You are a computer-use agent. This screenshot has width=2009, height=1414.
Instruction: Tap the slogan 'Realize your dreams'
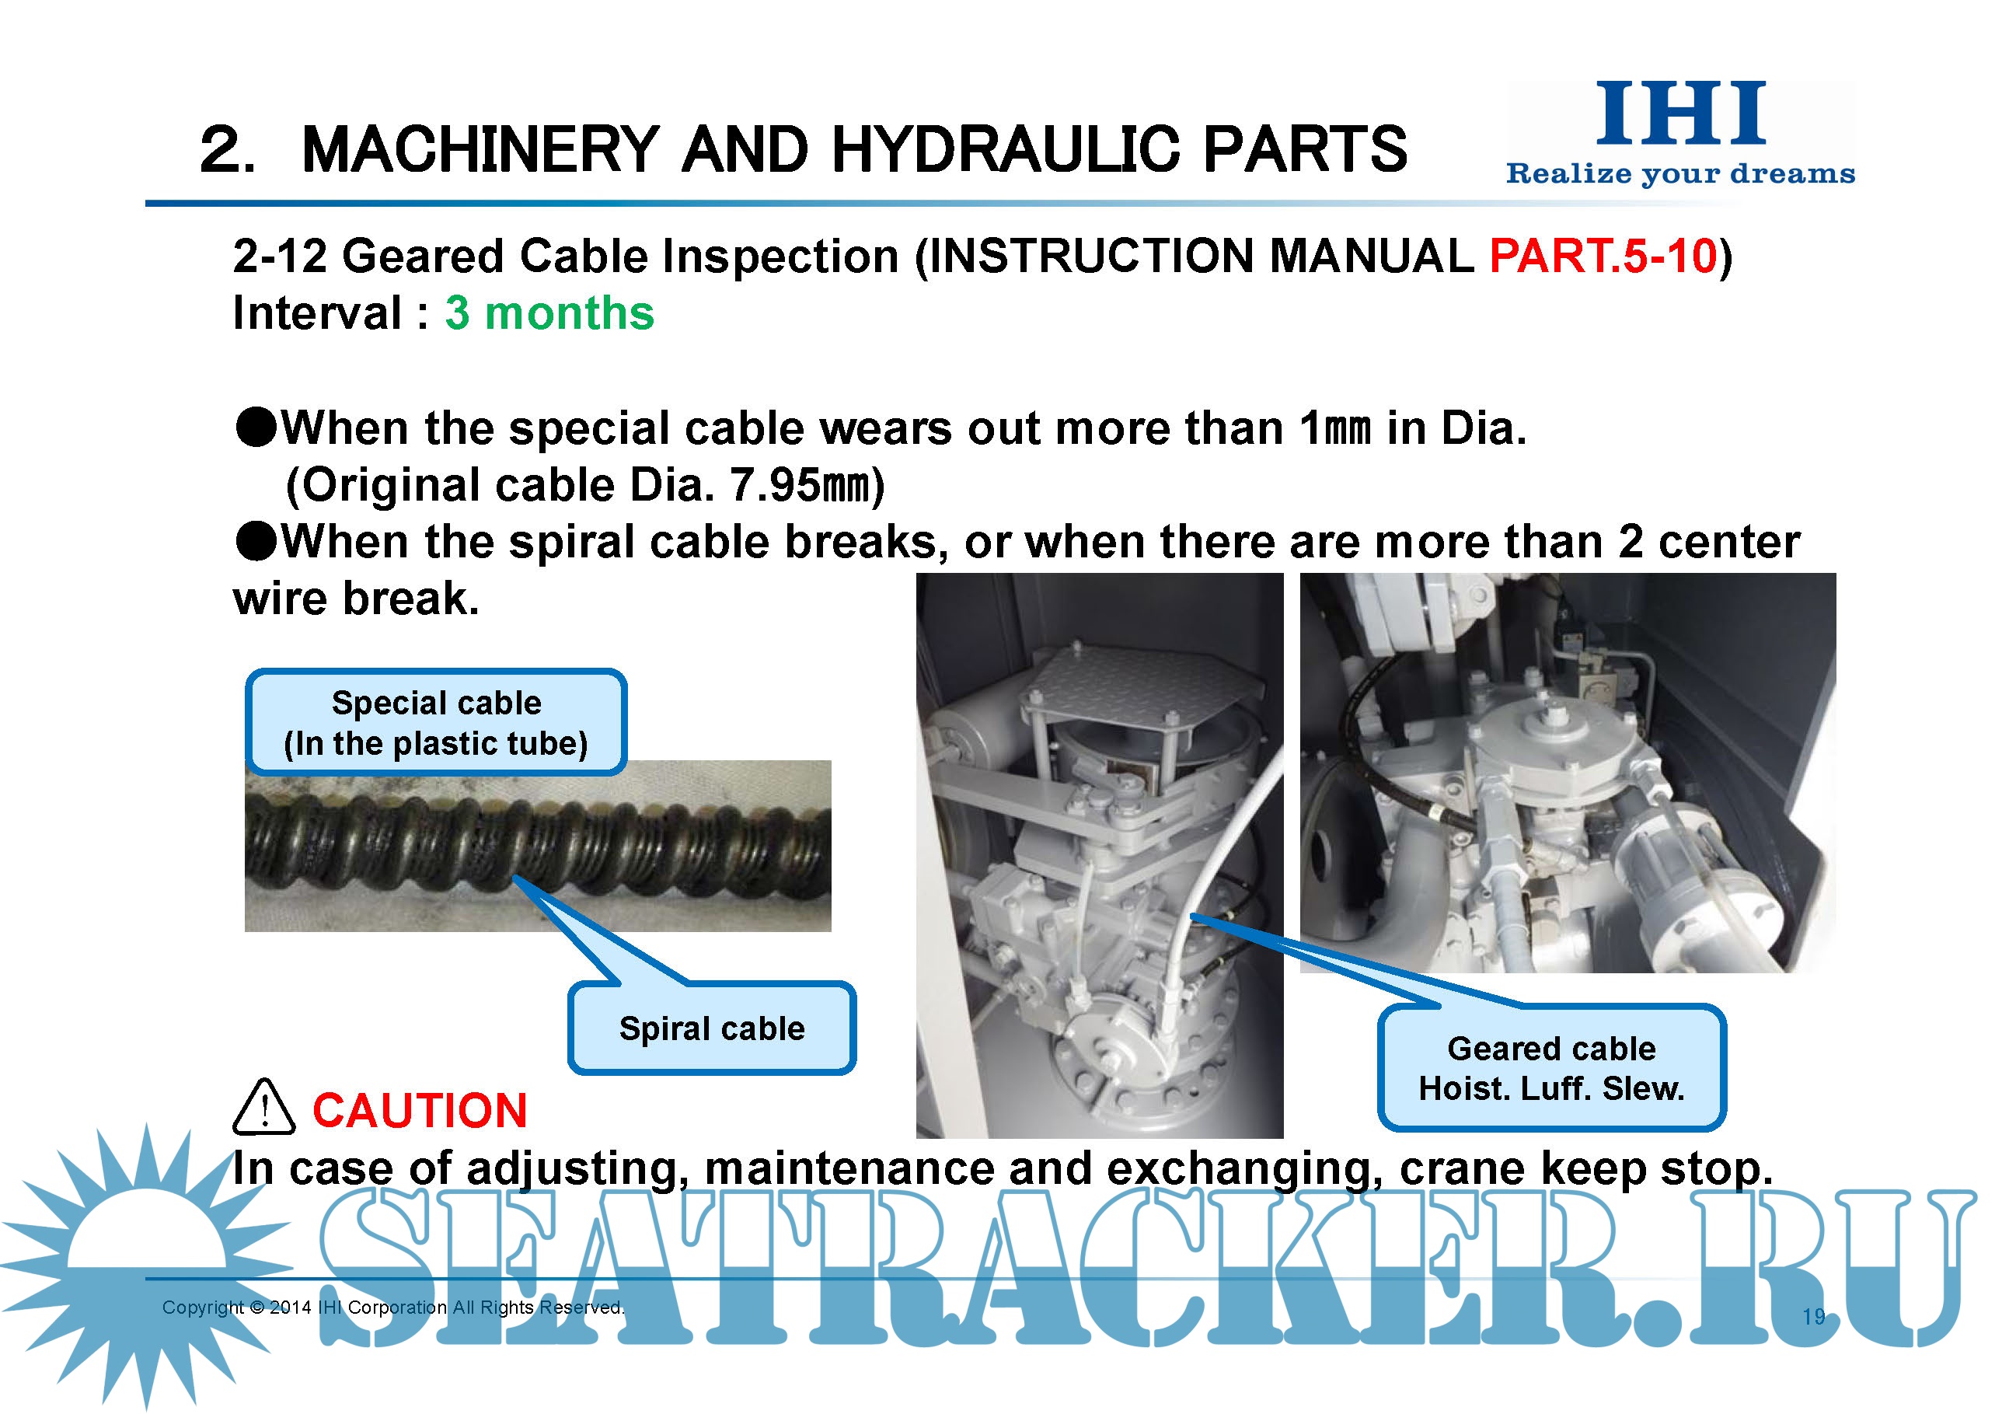point(1680,173)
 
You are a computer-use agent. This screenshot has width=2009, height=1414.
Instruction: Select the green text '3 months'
point(549,313)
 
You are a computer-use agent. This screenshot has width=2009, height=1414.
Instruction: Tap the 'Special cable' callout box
point(436,723)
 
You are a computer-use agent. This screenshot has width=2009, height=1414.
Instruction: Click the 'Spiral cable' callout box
point(711,1028)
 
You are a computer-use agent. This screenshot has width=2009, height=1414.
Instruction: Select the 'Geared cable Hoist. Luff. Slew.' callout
point(1551,1067)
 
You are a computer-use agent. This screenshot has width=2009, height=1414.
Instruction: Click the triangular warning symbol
point(263,1107)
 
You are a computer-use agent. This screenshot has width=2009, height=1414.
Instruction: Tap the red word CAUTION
point(420,1110)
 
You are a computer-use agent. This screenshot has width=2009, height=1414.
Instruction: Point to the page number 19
point(1814,1317)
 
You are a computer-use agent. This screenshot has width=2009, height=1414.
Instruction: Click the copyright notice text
point(393,1308)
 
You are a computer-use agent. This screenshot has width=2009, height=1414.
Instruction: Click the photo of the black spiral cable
point(537,845)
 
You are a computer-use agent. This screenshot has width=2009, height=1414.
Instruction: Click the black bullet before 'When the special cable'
point(256,429)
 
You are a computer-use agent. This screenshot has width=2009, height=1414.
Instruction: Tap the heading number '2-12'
point(280,257)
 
